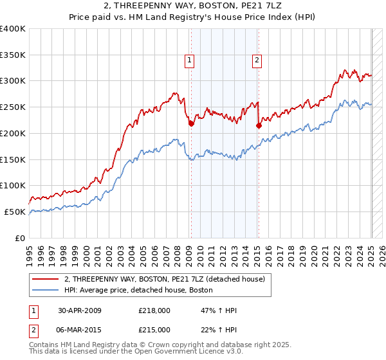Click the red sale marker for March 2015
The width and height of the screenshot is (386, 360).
[x=259, y=126]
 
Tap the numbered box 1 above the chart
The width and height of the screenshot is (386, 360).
[x=190, y=61]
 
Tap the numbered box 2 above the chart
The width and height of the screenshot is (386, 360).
[x=257, y=61]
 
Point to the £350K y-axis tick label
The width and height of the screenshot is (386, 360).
[x=12, y=55]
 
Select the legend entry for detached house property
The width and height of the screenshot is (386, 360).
[x=169, y=279]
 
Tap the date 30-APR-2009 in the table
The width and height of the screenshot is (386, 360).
[x=80, y=310]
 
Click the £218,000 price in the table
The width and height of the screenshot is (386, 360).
[x=154, y=310]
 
